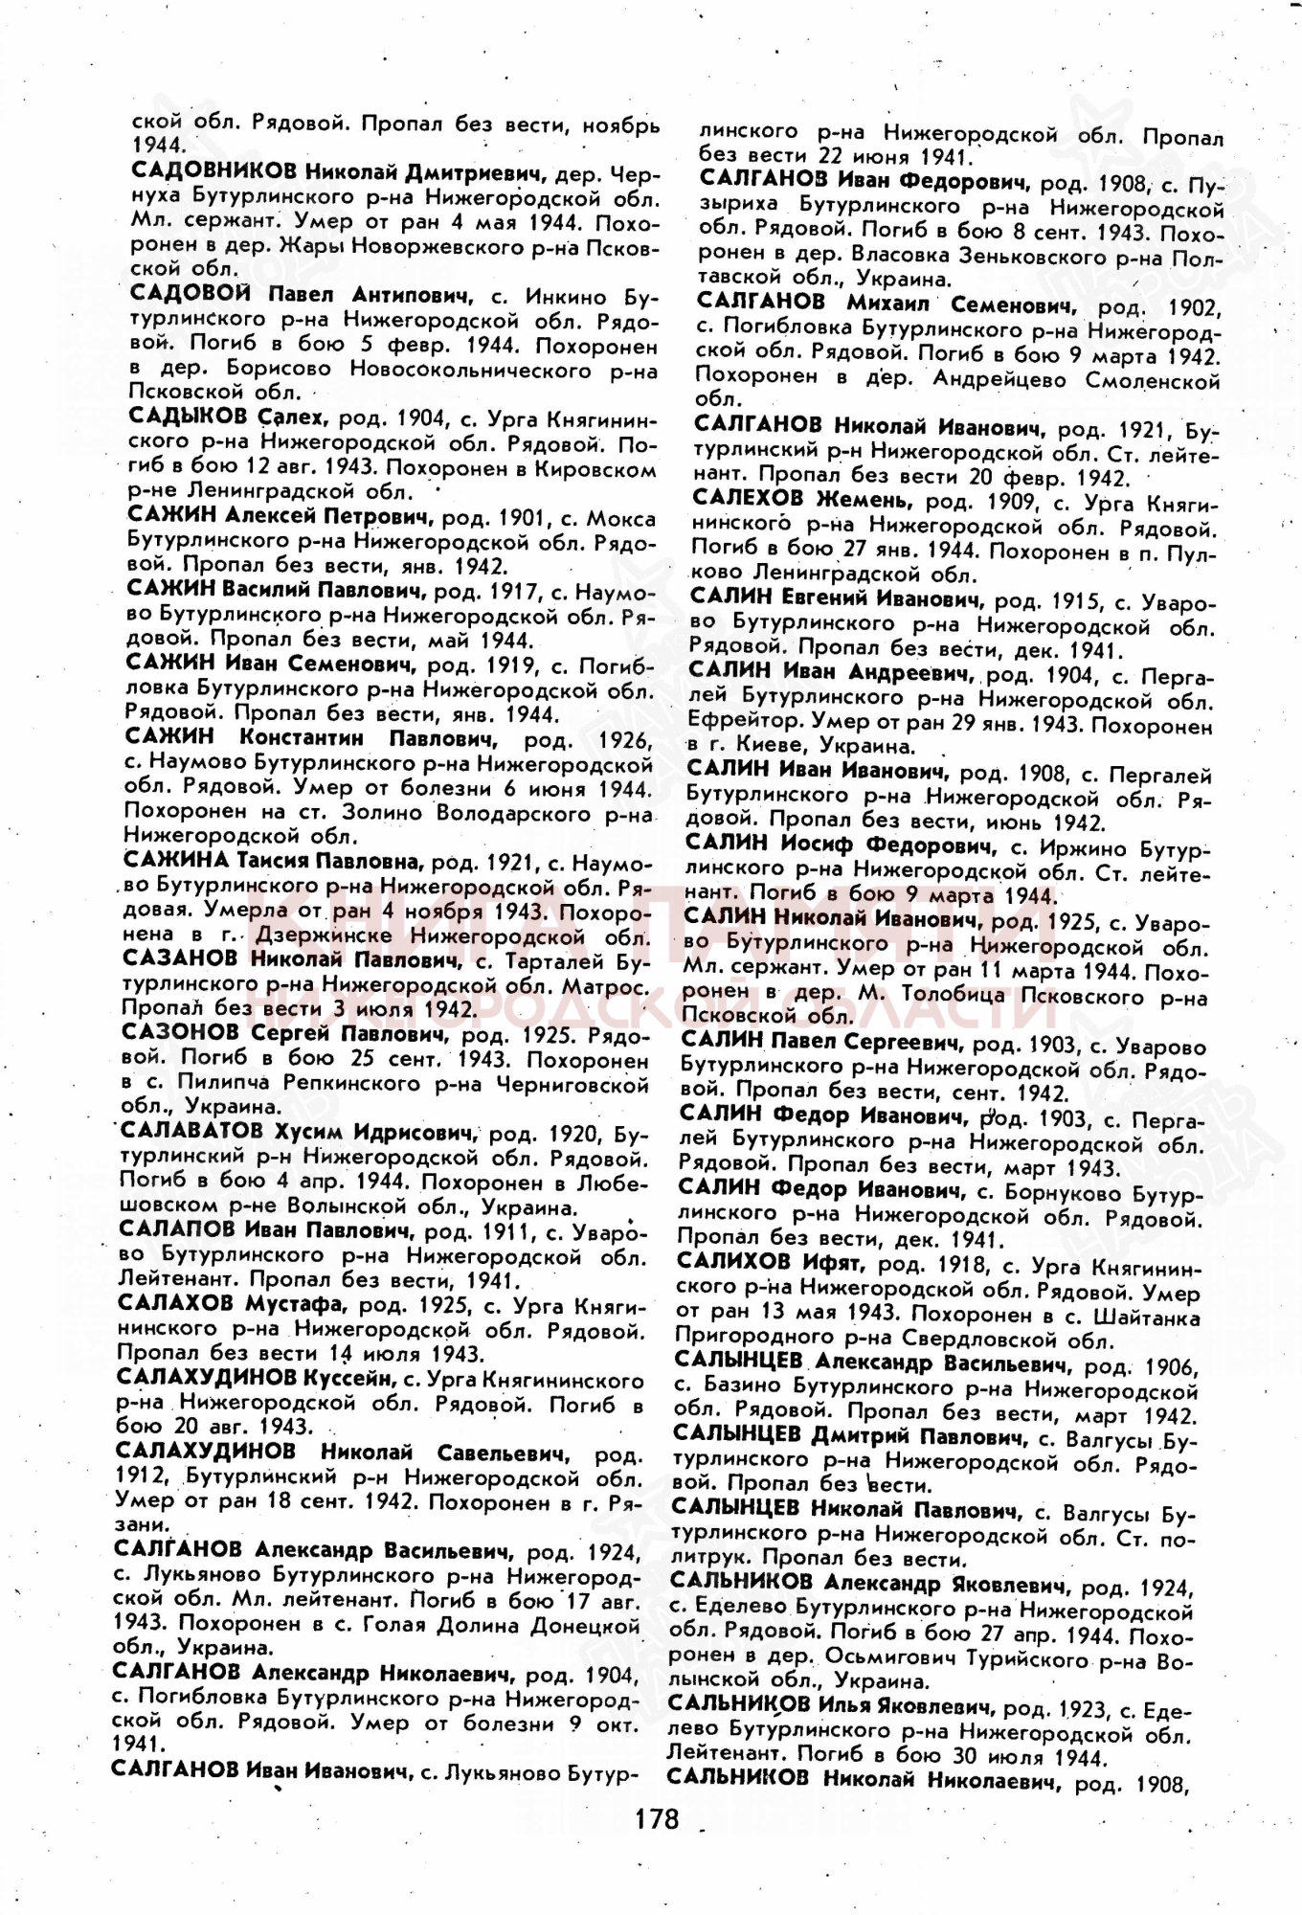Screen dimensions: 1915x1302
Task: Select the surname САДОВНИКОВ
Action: point(213,173)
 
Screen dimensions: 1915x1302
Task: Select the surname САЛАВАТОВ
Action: point(189,1133)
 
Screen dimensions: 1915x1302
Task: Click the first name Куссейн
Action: point(348,1380)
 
